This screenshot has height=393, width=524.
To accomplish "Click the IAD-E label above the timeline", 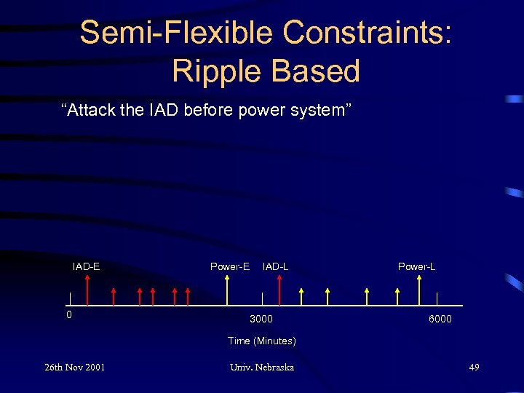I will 86,266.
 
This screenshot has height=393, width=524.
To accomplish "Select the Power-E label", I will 230,266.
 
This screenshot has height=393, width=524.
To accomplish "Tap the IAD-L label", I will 275,266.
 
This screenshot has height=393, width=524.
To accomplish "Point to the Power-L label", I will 416,266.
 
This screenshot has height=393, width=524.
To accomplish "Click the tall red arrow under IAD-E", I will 87,290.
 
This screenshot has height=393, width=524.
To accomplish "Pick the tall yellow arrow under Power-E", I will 228,290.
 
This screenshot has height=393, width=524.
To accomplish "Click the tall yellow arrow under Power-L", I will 418,290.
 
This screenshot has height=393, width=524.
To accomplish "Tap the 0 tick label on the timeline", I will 69,315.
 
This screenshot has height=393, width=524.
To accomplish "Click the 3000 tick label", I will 261,319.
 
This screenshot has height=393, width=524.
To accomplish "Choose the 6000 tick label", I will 440,319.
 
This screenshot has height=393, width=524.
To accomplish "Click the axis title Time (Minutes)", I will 261,341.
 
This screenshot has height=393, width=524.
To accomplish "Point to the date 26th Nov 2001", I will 74,367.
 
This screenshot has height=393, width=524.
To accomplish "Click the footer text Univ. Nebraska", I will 261,367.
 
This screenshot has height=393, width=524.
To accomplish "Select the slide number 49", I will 474,367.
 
